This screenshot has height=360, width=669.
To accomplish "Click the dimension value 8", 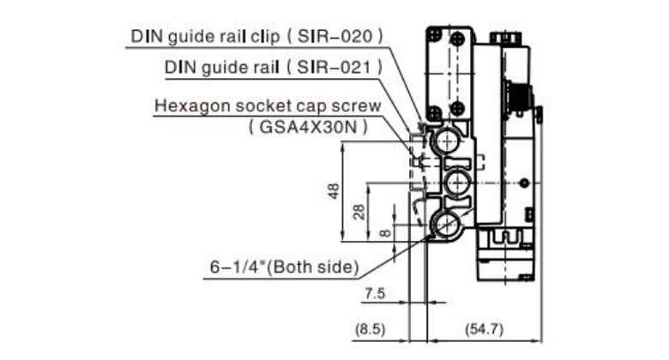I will pos(384,231).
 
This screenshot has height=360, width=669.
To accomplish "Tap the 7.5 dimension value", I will pos(375,294).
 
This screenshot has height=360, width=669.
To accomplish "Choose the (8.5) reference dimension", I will pos(371,327).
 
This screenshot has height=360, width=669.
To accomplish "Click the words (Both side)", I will pos(319,267).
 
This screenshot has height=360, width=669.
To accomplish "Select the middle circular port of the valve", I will pos(455,182).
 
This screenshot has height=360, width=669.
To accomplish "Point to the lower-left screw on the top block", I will pos(436,110).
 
